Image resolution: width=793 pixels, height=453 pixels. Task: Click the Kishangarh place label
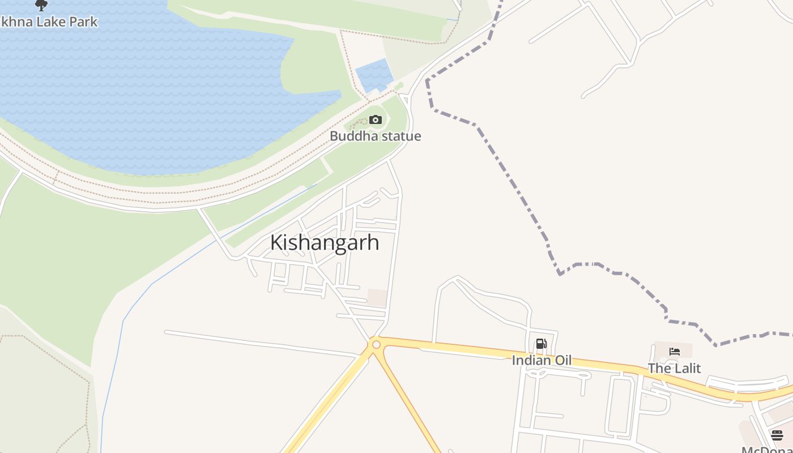(x=325, y=242)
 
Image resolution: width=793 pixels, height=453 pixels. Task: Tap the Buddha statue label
(x=375, y=136)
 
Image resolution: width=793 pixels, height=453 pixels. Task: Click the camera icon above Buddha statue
(x=375, y=119)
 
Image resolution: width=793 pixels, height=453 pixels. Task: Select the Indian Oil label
(x=542, y=360)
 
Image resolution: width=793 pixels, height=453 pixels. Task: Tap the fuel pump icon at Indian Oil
(x=541, y=344)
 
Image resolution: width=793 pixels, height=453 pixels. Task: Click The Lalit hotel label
(x=674, y=368)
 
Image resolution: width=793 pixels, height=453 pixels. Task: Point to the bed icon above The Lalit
(x=674, y=351)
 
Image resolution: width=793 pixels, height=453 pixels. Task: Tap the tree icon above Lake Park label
(x=41, y=5)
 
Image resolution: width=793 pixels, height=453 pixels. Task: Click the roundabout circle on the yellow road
(x=376, y=344)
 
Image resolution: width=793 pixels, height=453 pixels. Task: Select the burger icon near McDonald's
(x=777, y=435)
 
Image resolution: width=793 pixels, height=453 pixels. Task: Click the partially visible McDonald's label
(x=767, y=449)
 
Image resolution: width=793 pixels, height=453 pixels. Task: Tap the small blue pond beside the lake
(x=374, y=75)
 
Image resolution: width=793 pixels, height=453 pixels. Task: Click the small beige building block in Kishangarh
(x=377, y=298)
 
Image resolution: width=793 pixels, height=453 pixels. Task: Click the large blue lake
(x=142, y=96)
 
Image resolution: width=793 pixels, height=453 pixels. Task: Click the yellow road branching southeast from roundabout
(x=408, y=402)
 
